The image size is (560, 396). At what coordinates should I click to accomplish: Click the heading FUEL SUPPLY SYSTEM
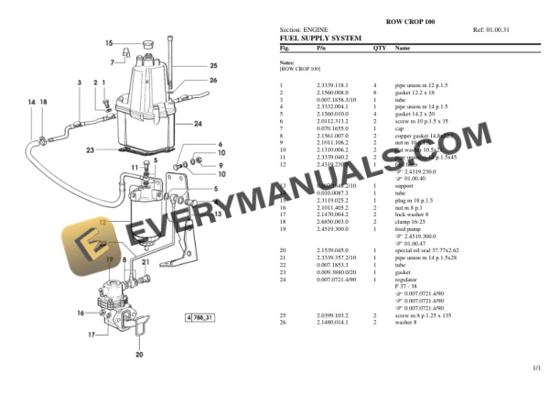click(319, 38)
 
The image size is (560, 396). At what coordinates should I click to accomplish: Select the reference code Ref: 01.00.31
click(491, 30)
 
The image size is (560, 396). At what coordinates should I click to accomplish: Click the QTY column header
click(380, 47)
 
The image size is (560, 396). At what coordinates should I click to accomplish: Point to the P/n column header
click(321, 47)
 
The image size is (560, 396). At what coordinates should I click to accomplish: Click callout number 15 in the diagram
click(109, 43)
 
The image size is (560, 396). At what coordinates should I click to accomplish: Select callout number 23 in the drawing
click(90, 149)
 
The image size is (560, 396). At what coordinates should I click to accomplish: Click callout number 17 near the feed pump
click(92, 335)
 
